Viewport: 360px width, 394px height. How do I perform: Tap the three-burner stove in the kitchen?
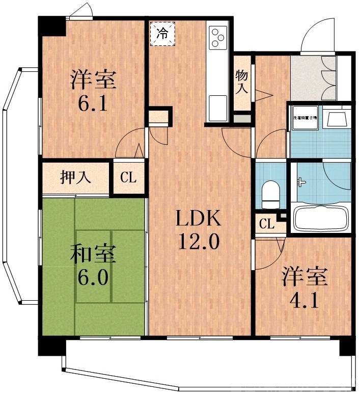218,37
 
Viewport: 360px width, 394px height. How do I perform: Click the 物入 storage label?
241,82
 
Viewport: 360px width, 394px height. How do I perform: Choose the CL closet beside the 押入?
128,178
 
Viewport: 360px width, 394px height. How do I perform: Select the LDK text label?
198,219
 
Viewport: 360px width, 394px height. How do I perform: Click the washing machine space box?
304,118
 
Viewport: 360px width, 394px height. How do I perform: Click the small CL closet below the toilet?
265,223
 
